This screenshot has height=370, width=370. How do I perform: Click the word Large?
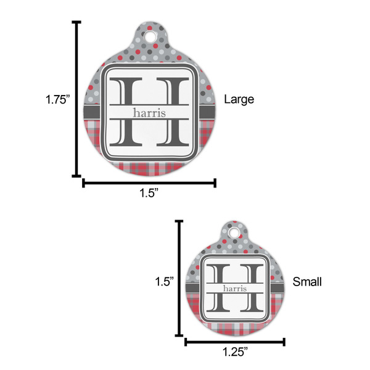pyautogui.click(x=239, y=99)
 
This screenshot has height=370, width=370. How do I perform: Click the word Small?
pyautogui.click(x=307, y=282)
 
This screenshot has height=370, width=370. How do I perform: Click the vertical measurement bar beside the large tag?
pyautogui.click(x=76, y=99)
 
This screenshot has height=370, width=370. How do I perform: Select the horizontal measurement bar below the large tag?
pyautogui.click(x=149, y=183)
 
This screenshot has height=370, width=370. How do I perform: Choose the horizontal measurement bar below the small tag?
pyautogui.click(x=235, y=341)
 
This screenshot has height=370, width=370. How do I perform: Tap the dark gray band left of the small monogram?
pyautogui.click(x=195, y=289)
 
